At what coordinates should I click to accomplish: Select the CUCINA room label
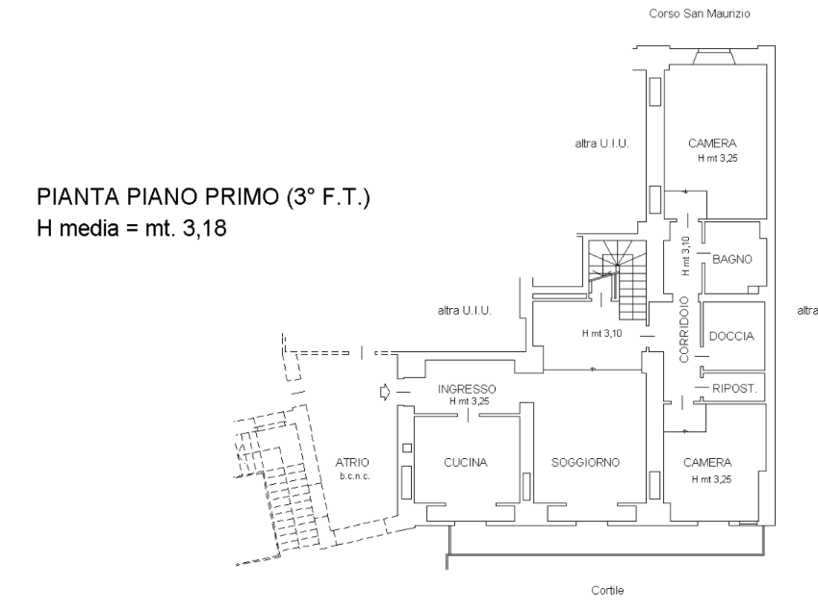(x=466, y=462)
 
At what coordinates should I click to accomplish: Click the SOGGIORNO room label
(x=585, y=462)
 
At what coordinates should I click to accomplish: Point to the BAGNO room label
(x=731, y=259)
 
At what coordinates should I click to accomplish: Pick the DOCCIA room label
(x=731, y=336)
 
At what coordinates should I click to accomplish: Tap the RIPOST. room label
(x=734, y=389)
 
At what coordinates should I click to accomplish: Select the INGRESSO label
(x=466, y=389)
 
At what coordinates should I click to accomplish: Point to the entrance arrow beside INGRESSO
(x=385, y=392)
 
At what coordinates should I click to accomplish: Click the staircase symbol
(x=621, y=279)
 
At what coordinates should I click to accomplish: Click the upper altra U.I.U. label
(x=601, y=143)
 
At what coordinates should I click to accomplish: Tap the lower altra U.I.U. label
(x=465, y=310)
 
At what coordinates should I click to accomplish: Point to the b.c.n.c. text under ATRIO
(x=353, y=476)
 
